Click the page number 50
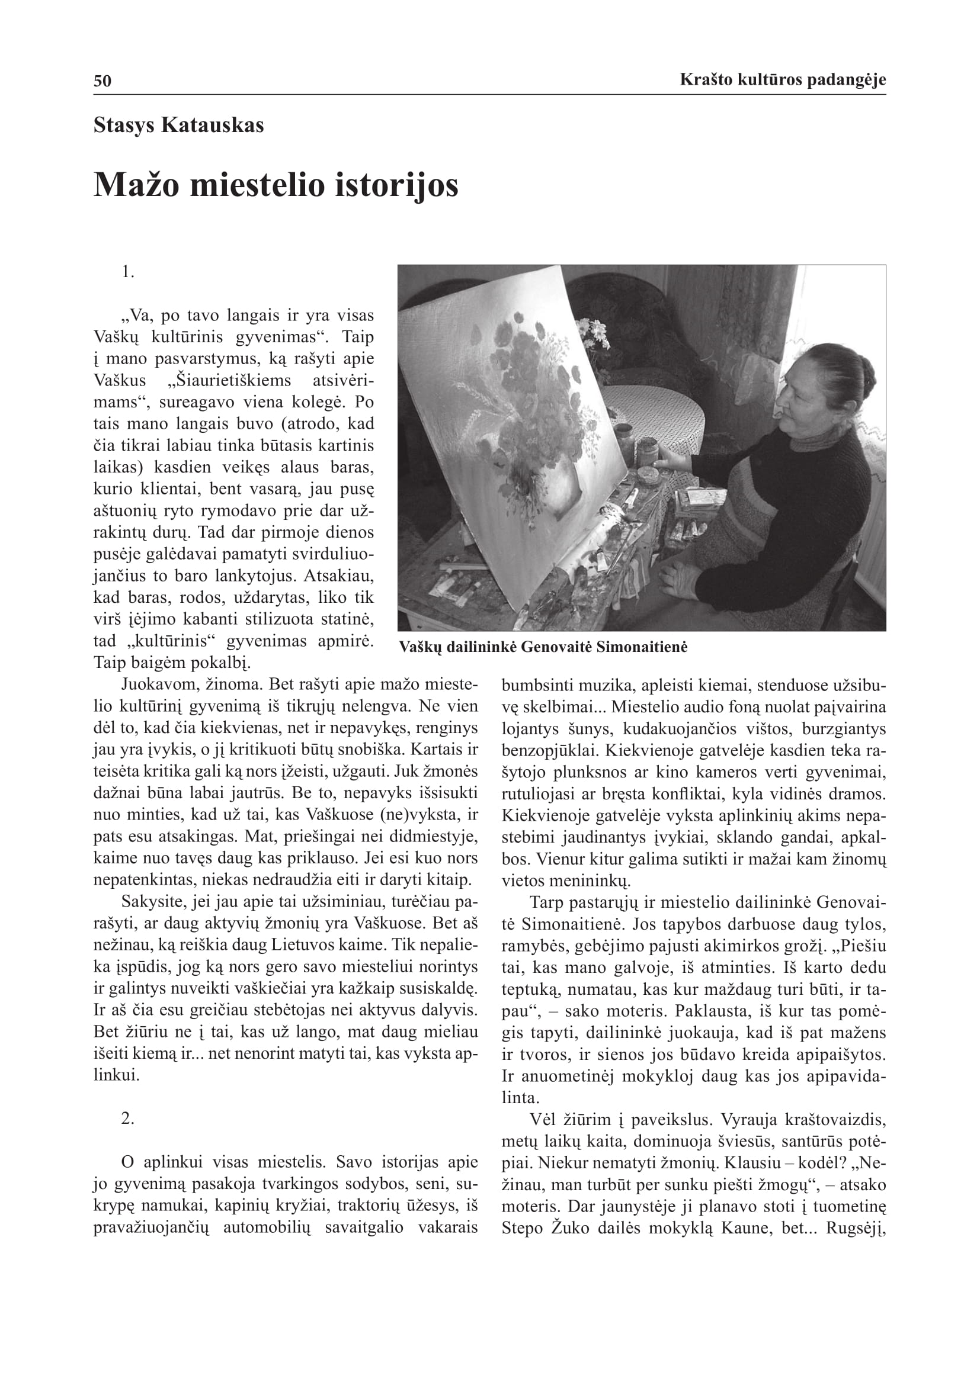tap(103, 81)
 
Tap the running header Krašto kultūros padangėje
tap(782, 79)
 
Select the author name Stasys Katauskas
tap(178, 126)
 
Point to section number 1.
tap(127, 272)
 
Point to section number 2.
tap(127, 1118)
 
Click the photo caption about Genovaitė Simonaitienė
tap(543, 647)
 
